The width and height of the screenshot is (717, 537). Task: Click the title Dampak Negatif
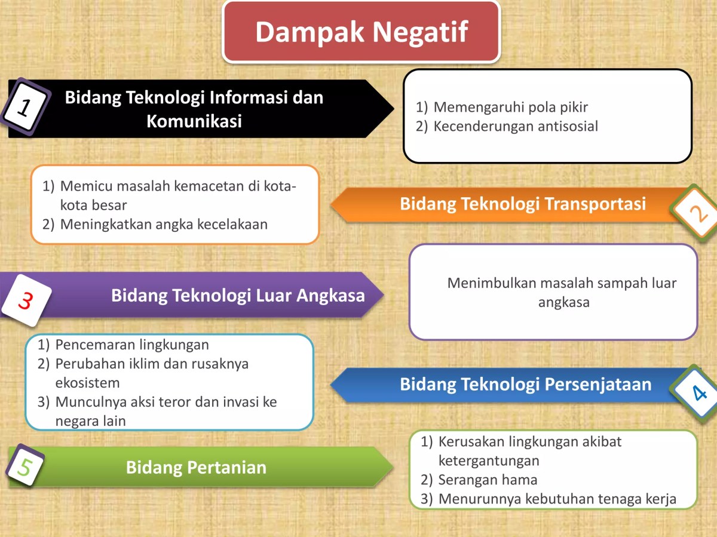click(x=361, y=32)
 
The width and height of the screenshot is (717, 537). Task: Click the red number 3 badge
click(x=24, y=300)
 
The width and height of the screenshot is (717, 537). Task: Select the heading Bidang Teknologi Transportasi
click(x=523, y=204)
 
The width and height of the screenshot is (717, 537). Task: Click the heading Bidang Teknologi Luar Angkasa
click(x=238, y=295)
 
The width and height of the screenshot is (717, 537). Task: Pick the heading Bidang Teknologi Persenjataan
click(x=525, y=384)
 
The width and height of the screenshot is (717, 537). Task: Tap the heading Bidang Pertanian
click(x=196, y=467)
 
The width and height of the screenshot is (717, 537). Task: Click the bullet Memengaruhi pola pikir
click(x=510, y=108)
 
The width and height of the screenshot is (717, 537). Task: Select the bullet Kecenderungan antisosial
click(x=515, y=126)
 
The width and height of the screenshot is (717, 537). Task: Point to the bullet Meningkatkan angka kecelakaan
click(x=163, y=225)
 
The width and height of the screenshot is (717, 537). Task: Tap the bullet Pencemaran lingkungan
click(x=131, y=345)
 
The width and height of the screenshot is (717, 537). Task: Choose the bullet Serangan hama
click(x=488, y=480)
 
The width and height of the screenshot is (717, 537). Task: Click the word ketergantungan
click(x=488, y=461)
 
